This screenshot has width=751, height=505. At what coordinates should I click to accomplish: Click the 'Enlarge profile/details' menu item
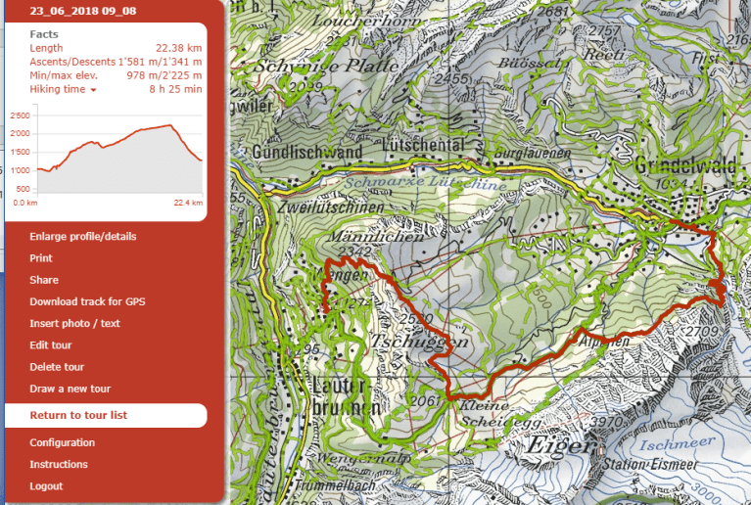coord(83,237)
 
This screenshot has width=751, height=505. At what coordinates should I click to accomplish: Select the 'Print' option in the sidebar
coord(41,258)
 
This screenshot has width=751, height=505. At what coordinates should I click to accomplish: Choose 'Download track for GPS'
coord(87,301)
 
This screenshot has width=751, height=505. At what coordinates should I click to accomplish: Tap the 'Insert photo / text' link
coord(74,323)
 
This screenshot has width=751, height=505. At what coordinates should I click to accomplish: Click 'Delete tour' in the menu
coord(57,367)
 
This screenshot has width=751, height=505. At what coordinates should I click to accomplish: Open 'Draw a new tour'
coord(70,389)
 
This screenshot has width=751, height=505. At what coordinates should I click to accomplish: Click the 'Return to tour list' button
coord(78,415)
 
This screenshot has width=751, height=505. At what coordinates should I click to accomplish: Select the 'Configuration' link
coord(62,442)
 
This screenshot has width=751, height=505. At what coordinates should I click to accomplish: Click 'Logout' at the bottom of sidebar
coord(46,485)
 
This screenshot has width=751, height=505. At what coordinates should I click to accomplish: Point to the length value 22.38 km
coord(178,48)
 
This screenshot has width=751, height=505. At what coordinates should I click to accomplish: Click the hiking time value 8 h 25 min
coord(175,89)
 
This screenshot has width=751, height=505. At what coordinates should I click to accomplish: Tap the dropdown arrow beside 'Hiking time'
coord(93,90)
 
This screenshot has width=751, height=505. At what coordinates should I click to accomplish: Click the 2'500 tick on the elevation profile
coord(20,115)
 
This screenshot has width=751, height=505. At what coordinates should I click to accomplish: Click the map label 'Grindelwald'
coord(684,164)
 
